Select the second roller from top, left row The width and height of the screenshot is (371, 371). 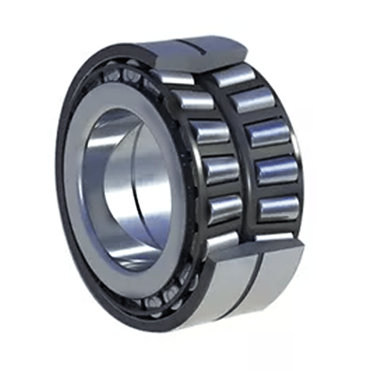193,100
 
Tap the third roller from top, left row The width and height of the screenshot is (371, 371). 209,132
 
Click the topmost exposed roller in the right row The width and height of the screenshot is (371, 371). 232,75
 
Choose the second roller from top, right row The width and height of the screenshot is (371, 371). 252,100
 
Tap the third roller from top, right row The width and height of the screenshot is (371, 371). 268,133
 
